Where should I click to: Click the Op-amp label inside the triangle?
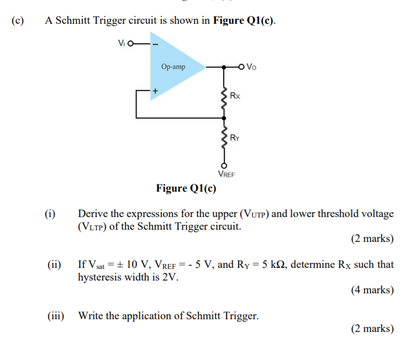tap(173, 67)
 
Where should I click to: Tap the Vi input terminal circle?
tap(131, 44)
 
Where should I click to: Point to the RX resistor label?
tap(235, 96)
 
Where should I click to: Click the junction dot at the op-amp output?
tap(224, 67)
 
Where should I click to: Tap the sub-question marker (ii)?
tap(52, 264)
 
